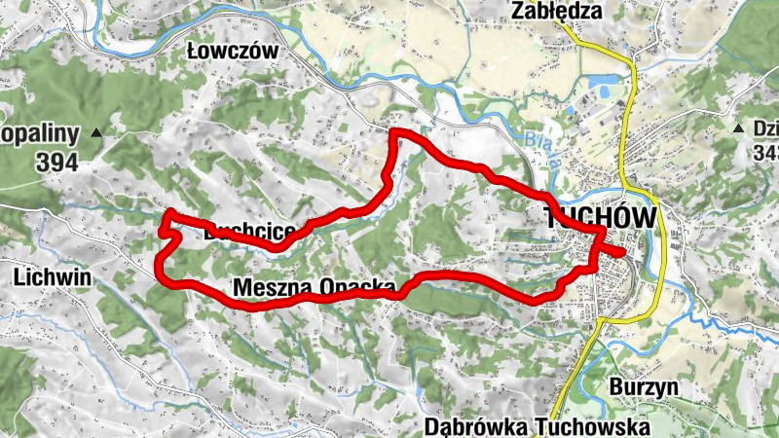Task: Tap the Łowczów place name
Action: pyautogui.click(x=234, y=51)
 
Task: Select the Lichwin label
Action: pyautogui.click(x=53, y=277)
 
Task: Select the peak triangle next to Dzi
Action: pyautogui.click(x=738, y=128)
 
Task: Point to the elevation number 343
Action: pyautogui.click(x=765, y=153)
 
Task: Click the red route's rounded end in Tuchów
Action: pyautogui.click(x=620, y=253)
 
